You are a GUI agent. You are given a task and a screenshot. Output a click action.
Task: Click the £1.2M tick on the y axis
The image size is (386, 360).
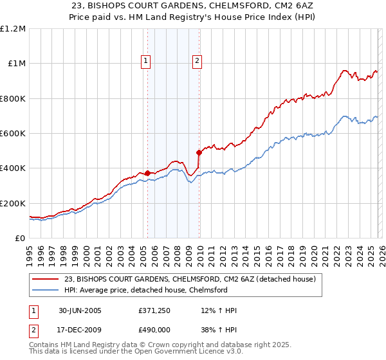point(13,29)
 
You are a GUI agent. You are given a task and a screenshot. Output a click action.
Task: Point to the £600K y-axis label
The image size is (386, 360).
point(13,134)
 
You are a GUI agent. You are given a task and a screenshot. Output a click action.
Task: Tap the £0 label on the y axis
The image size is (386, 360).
point(21,239)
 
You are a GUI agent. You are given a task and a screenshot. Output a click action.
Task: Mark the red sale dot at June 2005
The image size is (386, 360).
point(148,173)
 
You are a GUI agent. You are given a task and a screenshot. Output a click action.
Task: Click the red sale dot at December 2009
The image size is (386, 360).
point(199,152)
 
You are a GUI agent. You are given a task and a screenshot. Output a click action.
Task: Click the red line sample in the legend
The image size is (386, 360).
point(45,280)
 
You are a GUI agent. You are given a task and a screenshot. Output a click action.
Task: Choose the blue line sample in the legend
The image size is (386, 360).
point(45,290)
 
